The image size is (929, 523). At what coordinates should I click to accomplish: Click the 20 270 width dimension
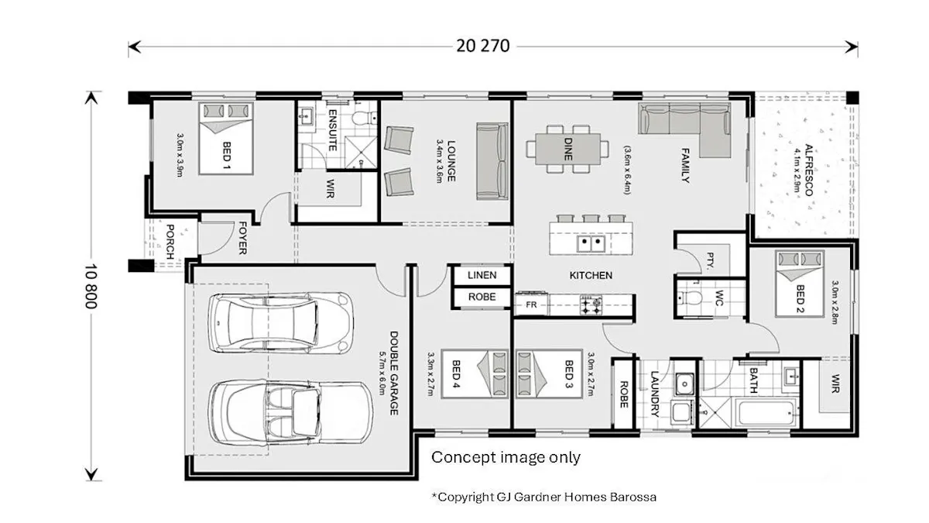(x=483, y=46)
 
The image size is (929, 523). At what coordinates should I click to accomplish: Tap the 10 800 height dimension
(x=91, y=287)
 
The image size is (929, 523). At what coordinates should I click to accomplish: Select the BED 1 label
(x=226, y=155)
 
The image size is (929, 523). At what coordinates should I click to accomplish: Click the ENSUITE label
(x=332, y=130)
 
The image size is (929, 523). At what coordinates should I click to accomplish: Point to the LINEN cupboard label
(x=482, y=275)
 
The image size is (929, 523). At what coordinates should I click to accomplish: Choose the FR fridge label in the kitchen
(x=531, y=305)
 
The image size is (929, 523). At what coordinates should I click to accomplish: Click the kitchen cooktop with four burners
(x=591, y=305)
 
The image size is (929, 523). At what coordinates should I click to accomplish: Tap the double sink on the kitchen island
(x=591, y=243)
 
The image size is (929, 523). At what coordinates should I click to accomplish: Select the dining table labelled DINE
(x=567, y=149)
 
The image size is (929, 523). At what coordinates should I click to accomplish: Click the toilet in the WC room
(x=689, y=298)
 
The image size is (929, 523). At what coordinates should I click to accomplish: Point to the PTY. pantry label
(x=710, y=260)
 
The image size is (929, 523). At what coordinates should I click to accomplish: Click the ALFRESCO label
(x=808, y=170)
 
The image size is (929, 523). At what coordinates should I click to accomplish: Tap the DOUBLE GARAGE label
(x=393, y=373)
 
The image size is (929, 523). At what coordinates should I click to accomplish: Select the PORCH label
(x=170, y=242)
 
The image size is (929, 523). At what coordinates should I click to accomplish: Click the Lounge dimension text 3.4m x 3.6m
(x=439, y=161)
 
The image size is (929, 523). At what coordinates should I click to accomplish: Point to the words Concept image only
(x=506, y=457)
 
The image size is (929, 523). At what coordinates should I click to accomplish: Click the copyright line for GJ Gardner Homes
(x=544, y=497)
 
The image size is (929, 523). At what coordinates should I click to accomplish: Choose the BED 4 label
(x=456, y=375)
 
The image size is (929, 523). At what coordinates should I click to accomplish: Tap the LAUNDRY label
(x=655, y=394)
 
